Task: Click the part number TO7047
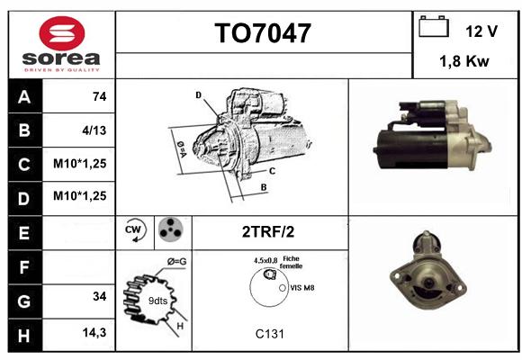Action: coord(263,33)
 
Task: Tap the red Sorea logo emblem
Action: coord(62,33)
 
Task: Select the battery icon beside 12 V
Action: coord(434,26)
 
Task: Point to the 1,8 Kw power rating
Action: coord(464,61)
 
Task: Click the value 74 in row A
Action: coord(100,96)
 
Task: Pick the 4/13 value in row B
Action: coord(94,130)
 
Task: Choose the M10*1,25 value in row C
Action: coord(80,164)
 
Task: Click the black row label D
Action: coord(25,199)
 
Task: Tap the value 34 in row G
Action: coord(100,296)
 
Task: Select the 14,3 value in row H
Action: coord(94,332)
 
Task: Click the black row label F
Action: coord(25,267)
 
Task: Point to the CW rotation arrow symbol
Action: coord(135,230)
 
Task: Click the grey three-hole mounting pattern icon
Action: coord(171,229)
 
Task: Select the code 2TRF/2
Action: coord(268,232)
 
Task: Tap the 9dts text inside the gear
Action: coord(157,301)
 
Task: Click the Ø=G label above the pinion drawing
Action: coord(176,262)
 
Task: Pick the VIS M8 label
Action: coord(301,288)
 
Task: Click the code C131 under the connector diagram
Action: coord(270,334)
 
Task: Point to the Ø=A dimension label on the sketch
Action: coord(182,149)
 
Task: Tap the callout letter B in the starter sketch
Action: coord(264,187)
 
